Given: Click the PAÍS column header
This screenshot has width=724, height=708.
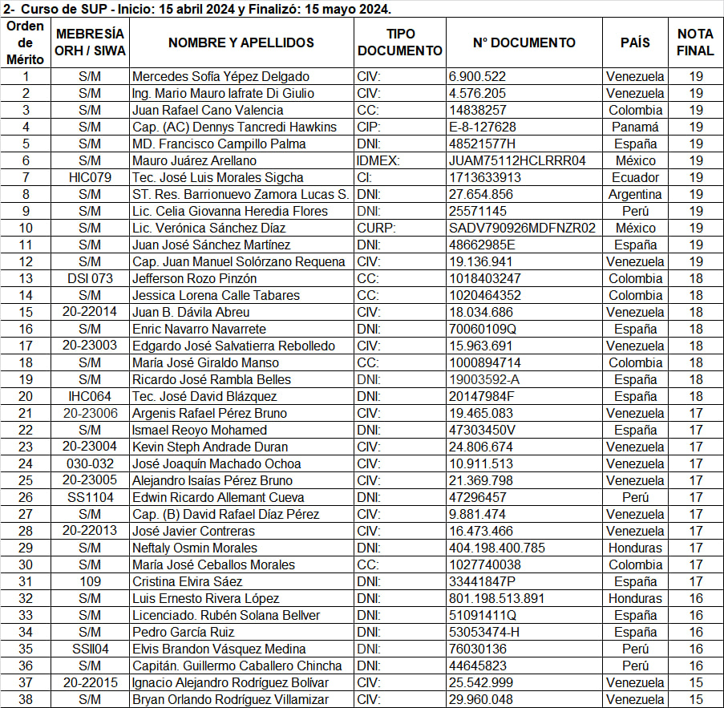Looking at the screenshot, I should click(635, 42).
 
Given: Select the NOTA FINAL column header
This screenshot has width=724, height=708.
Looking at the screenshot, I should click(695, 42).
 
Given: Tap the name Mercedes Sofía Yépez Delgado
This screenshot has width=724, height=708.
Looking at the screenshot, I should click(220, 77).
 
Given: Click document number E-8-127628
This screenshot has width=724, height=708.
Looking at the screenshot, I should click(483, 127).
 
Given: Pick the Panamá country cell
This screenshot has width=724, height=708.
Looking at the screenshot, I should click(635, 127).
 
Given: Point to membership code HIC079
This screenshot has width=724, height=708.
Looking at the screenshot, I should click(90, 178).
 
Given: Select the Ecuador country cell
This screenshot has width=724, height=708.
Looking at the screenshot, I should click(635, 178).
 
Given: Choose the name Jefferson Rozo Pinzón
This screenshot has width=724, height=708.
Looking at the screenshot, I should click(195, 279).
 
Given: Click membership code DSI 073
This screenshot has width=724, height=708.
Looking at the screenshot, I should click(90, 279).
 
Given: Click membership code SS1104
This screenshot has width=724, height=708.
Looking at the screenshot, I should click(90, 498).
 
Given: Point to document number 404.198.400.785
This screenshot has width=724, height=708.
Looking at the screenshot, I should click(497, 548).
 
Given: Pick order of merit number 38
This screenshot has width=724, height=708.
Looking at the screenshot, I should click(26, 700).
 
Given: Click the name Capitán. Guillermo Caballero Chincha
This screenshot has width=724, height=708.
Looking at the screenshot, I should click(237, 666).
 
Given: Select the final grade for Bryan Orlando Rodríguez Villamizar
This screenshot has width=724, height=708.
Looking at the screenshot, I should click(695, 700).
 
